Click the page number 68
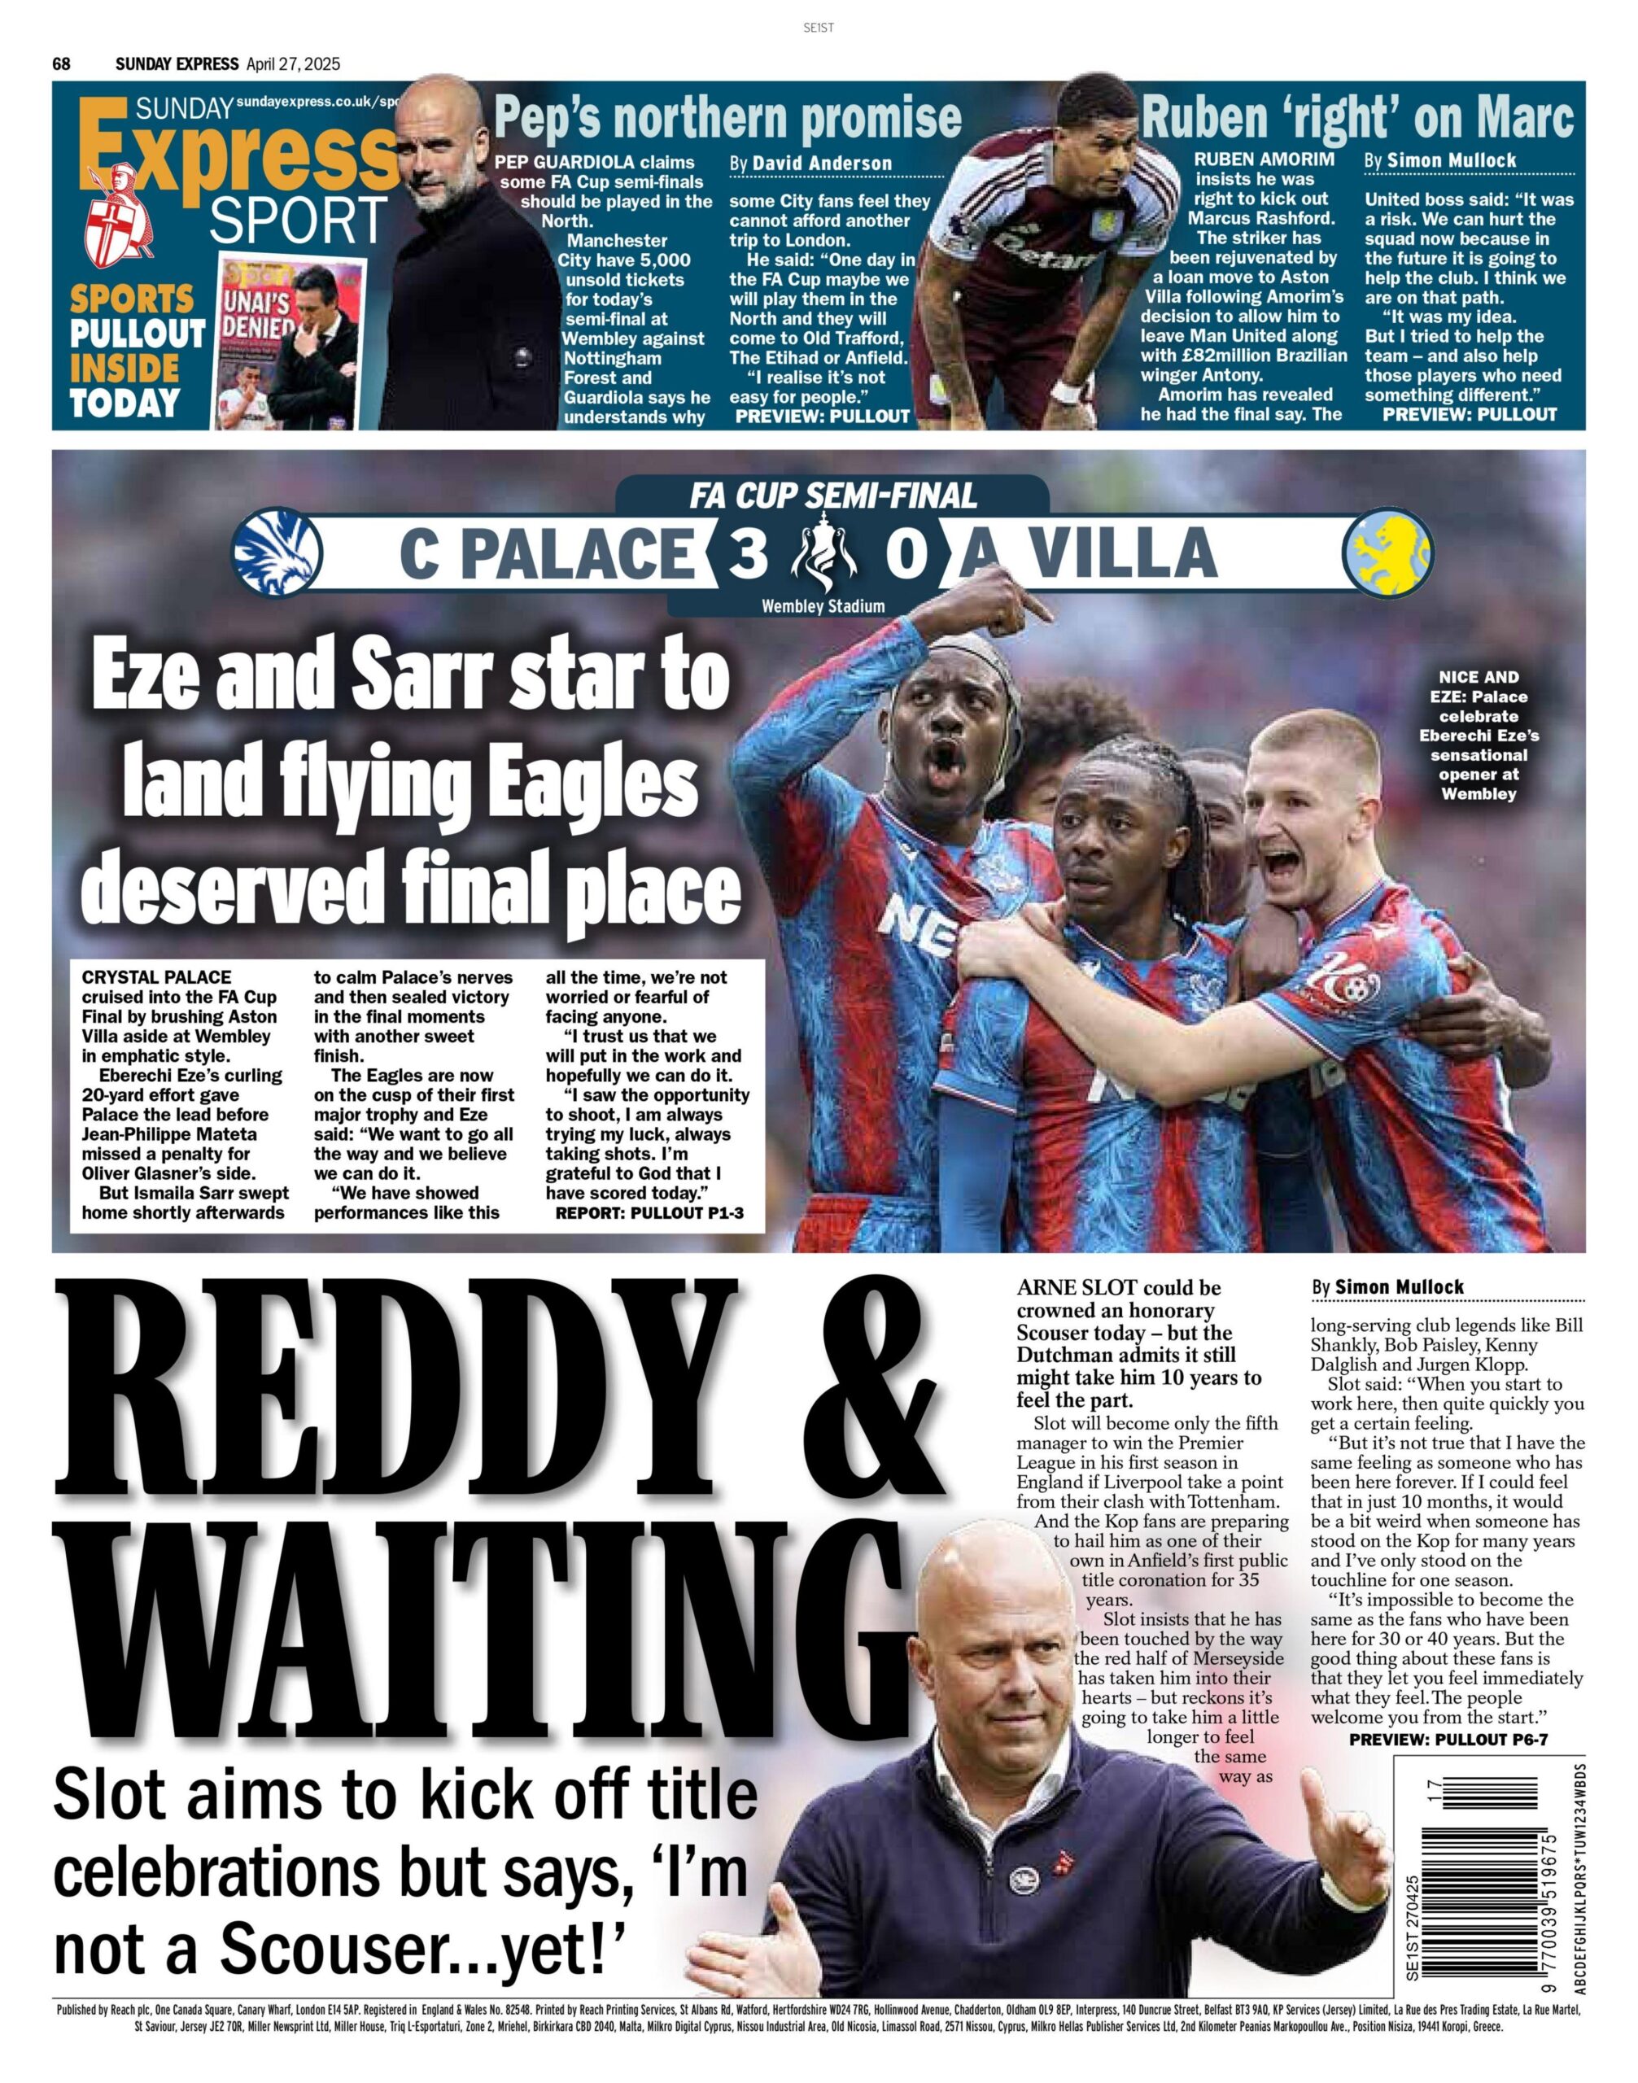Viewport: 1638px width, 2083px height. click(61, 64)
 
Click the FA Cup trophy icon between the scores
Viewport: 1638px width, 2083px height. click(821, 554)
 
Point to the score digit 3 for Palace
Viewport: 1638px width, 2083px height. click(748, 554)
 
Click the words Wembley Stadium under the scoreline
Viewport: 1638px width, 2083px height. click(823, 606)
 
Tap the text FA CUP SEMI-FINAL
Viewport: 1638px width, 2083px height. click(832, 495)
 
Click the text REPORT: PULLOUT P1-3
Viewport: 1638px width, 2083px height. click(649, 1213)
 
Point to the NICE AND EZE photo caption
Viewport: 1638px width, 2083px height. click(1478, 735)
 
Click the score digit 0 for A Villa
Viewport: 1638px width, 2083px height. click(902, 554)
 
